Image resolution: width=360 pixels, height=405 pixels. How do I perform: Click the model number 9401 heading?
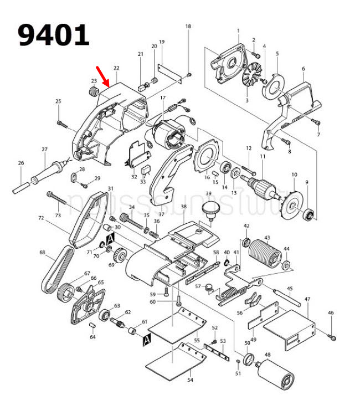click(x=53, y=35)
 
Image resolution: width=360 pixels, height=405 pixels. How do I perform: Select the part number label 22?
click(x=116, y=68)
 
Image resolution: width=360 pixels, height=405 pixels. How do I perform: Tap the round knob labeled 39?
click(x=209, y=210)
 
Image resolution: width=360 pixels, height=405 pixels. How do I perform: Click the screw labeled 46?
click(x=332, y=335)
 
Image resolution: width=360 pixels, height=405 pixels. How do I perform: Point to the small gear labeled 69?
click(x=120, y=257)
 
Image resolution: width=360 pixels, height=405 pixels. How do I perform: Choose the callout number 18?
click(x=188, y=27)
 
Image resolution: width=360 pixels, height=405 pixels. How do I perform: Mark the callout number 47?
click(x=307, y=300)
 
